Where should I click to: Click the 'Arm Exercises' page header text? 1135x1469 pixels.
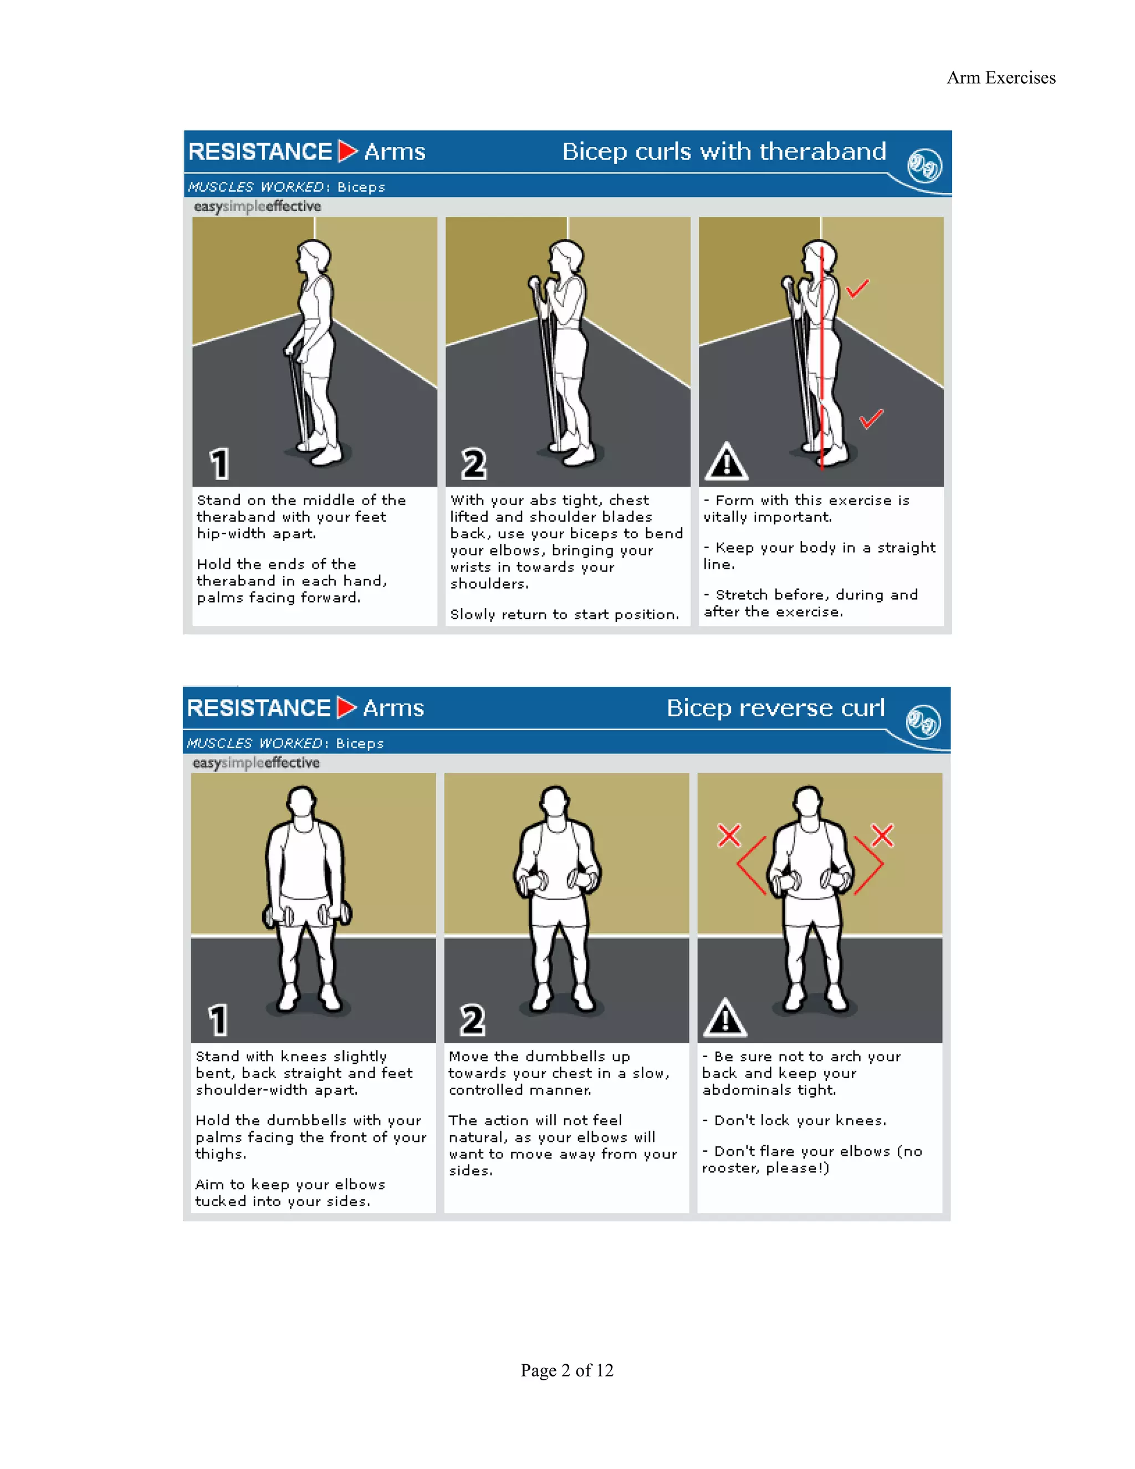tap(1000, 78)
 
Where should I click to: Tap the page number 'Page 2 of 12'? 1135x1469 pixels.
tap(567, 1370)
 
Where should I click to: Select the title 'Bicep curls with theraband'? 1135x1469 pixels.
tap(723, 151)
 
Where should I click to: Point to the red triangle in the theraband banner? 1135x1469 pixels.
tap(347, 151)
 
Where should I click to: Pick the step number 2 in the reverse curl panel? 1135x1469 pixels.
tap(472, 1021)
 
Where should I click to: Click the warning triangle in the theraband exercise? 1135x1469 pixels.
tap(726, 462)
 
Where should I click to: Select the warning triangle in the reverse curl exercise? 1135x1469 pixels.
tap(725, 1018)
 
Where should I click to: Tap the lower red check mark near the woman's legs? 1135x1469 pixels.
tap(871, 419)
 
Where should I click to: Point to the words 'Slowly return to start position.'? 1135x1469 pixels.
tap(564, 615)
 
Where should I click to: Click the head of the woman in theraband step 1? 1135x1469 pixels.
tap(314, 256)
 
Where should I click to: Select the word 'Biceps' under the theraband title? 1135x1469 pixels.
tap(361, 187)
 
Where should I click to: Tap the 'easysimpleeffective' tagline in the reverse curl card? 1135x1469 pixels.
tap(255, 763)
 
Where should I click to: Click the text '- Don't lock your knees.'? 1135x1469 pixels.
tap(794, 1120)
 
